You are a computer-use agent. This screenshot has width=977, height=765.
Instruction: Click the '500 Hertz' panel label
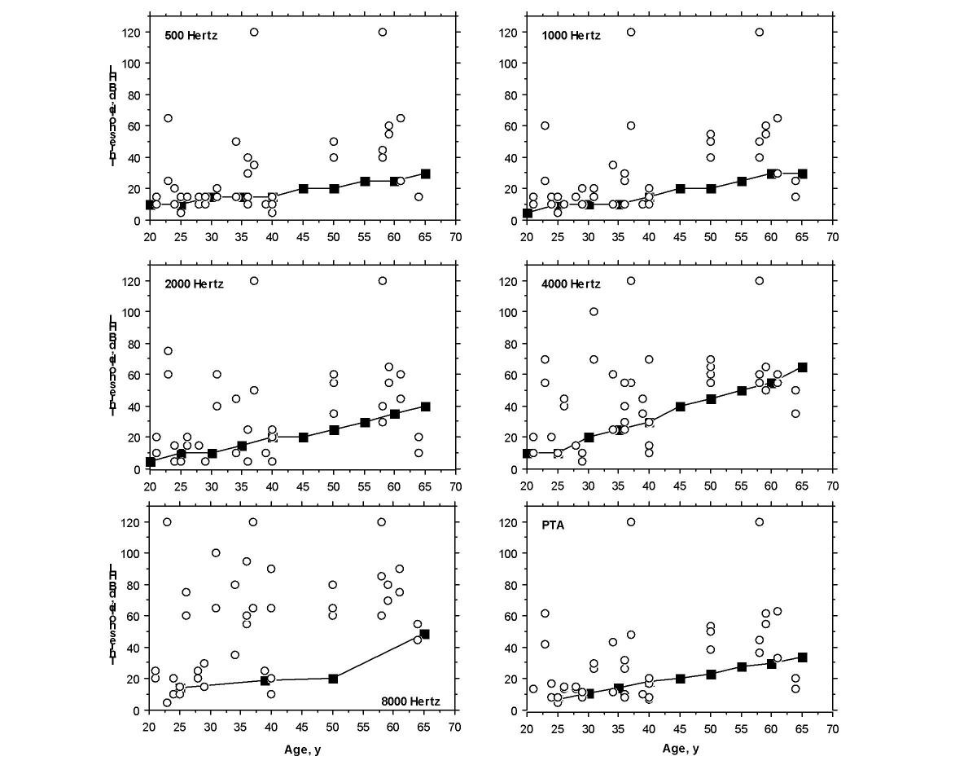pyautogui.click(x=191, y=36)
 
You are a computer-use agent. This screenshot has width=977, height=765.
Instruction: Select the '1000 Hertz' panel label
pyautogui.click(x=571, y=36)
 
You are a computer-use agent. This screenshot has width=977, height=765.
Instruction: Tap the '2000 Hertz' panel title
pyautogui.click(x=194, y=284)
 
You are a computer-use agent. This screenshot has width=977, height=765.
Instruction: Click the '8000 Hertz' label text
pyautogui.click(x=412, y=700)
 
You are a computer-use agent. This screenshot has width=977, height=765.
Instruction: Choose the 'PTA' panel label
pyautogui.click(x=553, y=525)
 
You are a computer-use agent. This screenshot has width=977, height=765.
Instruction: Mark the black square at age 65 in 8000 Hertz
pyautogui.click(x=424, y=634)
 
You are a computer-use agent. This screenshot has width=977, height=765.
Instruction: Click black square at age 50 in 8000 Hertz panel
pyautogui.click(x=333, y=679)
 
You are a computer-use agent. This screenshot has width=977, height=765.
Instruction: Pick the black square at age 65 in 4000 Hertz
pyautogui.click(x=802, y=367)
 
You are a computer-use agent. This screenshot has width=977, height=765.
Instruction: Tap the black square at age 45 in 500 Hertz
pyautogui.click(x=304, y=188)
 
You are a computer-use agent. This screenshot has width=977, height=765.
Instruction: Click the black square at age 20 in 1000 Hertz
pyautogui.click(x=528, y=213)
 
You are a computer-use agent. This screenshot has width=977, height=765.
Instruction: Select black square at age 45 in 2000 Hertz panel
pyautogui.click(x=304, y=437)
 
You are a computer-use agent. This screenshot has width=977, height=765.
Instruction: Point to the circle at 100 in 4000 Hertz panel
pyautogui.click(x=594, y=311)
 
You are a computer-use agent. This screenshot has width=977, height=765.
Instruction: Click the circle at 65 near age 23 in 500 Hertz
pyautogui.click(x=168, y=118)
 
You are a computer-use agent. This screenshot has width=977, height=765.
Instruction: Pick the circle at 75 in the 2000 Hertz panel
pyautogui.click(x=168, y=351)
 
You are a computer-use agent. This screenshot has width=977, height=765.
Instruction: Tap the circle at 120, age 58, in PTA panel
pyautogui.click(x=760, y=522)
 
